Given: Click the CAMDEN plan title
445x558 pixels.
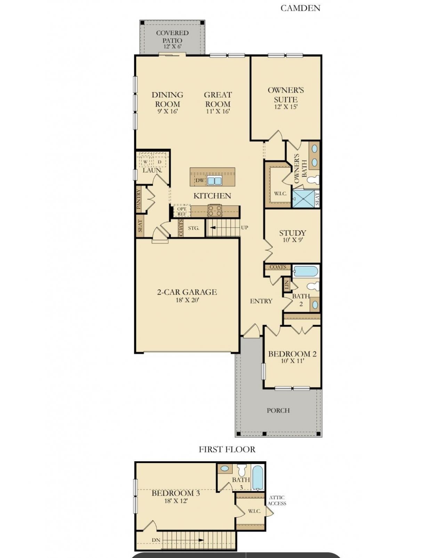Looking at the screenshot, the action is click(300, 8).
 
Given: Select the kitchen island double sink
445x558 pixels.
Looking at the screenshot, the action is click(214, 181).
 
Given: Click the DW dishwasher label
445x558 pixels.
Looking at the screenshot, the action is click(200, 180).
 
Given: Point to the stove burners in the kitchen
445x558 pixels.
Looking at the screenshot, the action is click(215, 210).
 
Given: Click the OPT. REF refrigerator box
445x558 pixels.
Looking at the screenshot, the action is click(182, 211).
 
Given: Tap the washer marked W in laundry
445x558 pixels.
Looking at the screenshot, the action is click(145, 162).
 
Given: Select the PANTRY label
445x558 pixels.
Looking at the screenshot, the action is click(138, 199).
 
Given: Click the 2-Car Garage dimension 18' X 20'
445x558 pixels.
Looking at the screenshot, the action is click(187, 300).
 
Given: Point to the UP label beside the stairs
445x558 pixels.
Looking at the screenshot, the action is click(244, 228).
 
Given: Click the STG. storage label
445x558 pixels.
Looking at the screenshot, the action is click(194, 228).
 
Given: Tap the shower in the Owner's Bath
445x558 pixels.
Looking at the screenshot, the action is click(304, 199).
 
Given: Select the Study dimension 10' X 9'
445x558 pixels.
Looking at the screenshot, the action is click(293, 240).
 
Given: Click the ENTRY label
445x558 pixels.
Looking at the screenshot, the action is click(261, 301).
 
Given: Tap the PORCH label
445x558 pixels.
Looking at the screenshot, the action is click(278, 410).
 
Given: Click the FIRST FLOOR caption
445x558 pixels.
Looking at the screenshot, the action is click(227, 449).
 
